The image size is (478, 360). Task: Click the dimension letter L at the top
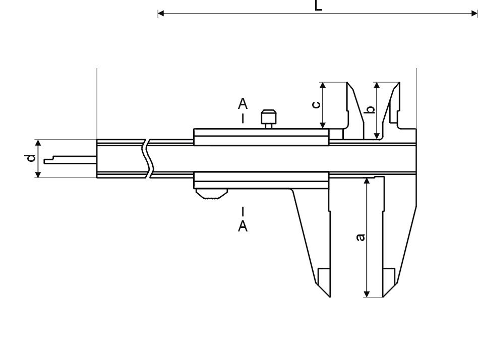[x=318, y=6]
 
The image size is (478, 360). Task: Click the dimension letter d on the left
[x=30, y=158]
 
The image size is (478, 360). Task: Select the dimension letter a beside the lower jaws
[x=361, y=237]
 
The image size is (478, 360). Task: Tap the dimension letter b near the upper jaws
[x=370, y=109]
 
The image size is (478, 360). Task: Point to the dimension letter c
[x=317, y=104]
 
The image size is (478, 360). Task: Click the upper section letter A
[x=243, y=104]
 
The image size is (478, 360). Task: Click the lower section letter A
[x=243, y=226]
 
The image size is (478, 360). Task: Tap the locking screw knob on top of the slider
[x=269, y=118]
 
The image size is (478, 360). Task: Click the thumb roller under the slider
[x=212, y=194]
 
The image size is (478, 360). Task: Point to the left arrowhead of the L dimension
[x=161, y=14]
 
